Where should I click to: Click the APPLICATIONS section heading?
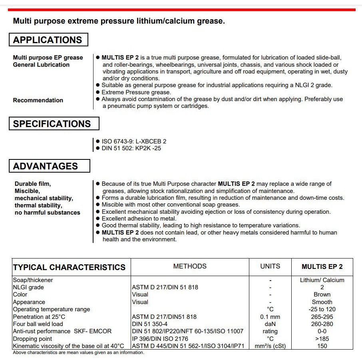tap(48, 40)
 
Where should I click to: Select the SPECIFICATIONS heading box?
tap(52, 124)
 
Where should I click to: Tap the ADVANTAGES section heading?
tap(46, 166)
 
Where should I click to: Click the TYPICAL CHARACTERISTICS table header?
tap(69, 267)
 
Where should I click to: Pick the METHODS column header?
tap(190, 266)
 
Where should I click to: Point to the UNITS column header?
tap(270, 266)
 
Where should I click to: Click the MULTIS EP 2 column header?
tap(322, 267)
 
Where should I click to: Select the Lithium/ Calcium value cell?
tap(322, 280)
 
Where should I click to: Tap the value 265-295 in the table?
tap(322, 317)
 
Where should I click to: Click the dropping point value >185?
tap(322, 339)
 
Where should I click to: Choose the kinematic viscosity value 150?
tap(322, 346)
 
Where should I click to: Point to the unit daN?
tap(270, 324)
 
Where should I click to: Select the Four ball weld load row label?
tap(38, 324)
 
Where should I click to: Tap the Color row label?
tap(20, 294)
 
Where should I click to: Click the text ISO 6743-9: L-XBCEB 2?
tap(134, 141)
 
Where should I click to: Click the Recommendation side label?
tap(38, 100)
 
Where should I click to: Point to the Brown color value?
tap(322, 294)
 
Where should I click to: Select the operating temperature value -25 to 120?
tap(322, 309)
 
